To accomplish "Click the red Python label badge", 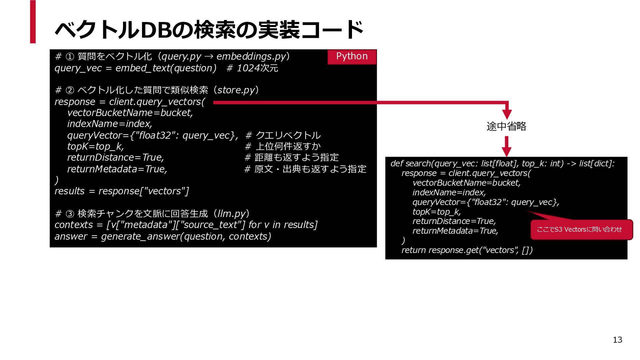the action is coord(352,57).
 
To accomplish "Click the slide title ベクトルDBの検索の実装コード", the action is coord(209,29).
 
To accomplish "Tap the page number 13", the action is coord(617,340).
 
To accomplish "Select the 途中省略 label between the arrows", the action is coord(506,126).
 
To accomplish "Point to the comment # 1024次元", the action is coord(252,68).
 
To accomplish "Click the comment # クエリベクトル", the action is coord(283,135).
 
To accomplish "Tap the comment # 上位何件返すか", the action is coord(283,146).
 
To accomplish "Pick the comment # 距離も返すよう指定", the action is coord(292,157).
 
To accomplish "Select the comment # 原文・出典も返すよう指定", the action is coord(305,169).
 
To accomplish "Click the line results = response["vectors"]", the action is coord(122,191).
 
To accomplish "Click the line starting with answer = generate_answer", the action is coord(163,236).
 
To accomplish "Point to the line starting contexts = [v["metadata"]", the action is coord(186,225).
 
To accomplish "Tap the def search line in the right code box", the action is coord(502,163).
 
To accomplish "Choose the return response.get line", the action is coord(467,250).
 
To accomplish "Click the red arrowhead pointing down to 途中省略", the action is coord(507,114).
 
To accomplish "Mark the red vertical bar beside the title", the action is coord(33,22).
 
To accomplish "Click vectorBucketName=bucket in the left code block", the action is coord(130,113).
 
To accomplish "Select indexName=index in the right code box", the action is coord(449,192).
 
